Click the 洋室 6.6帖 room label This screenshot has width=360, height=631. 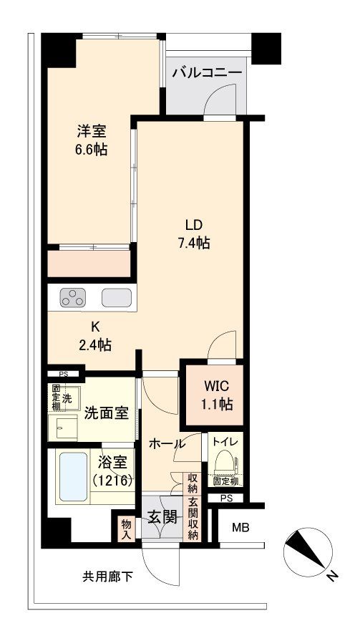pyautogui.click(x=92, y=141)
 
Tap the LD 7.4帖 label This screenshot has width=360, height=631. pyautogui.click(x=194, y=234)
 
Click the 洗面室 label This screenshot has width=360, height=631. pyautogui.click(x=106, y=413)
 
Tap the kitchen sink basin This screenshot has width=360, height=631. pyautogui.click(x=115, y=297)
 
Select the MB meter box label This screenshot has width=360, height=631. pyautogui.click(x=241, y=529)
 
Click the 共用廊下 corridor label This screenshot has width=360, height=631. pyautogui.click(x=107, y=575)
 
